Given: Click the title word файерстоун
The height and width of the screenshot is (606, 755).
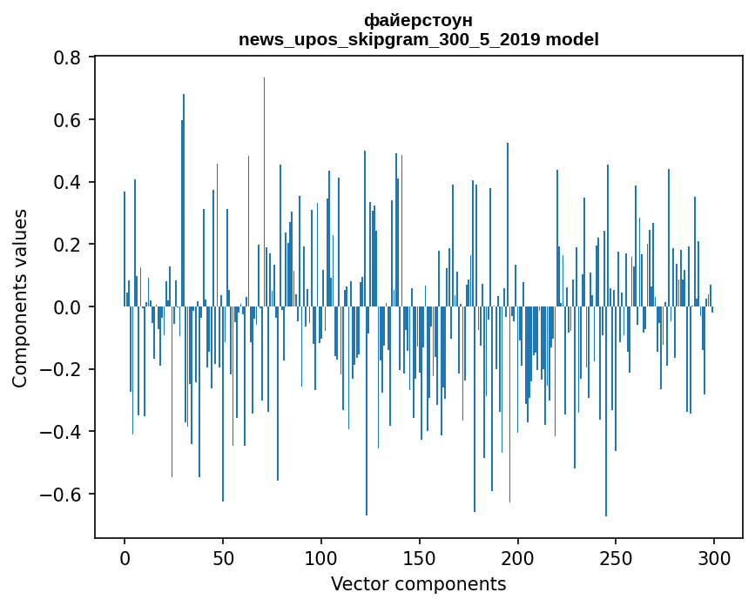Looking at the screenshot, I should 418,20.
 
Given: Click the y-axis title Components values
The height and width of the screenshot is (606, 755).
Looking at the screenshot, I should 20,298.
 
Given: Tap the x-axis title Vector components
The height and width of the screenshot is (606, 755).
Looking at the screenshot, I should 418,583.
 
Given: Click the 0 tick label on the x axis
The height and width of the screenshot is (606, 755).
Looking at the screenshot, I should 125,558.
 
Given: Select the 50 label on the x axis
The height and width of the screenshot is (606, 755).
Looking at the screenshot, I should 223,558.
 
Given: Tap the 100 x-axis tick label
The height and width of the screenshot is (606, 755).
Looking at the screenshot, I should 321,558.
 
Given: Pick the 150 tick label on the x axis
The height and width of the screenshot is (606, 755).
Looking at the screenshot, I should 420,558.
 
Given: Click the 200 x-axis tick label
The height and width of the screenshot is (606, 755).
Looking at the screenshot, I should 518,558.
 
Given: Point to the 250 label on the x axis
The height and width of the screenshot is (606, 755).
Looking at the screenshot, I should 617,558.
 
